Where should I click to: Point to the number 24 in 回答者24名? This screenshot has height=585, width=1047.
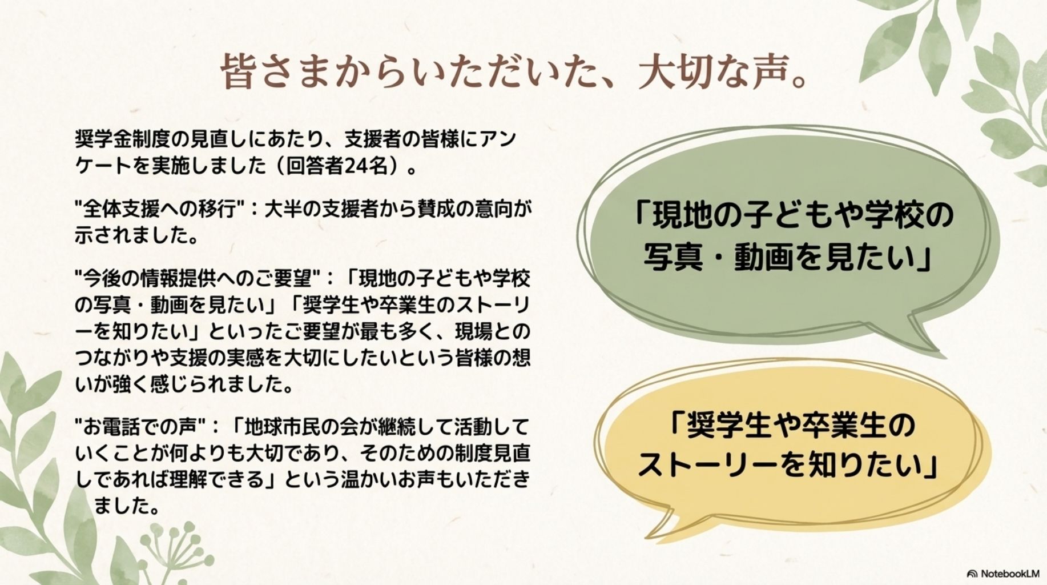click(355, 166)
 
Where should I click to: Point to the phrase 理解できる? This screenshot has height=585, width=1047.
click(217, 479)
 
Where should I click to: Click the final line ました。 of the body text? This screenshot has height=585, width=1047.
click(126, 506)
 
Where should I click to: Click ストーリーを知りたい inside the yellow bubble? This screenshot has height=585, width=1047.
click(788, 464)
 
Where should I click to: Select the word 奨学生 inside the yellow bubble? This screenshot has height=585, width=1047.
click(722, 424)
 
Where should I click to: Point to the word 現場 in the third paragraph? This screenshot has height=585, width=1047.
click(473, 331)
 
